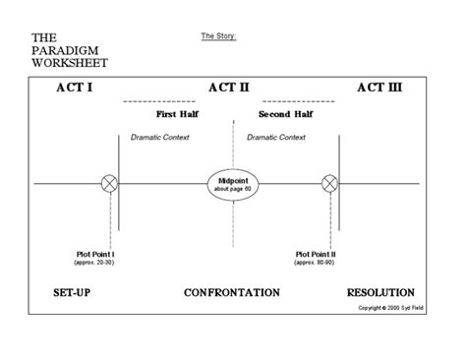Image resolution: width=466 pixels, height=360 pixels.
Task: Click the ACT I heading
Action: tap(75, 88)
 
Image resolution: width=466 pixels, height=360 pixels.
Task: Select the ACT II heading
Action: tap(229, 88)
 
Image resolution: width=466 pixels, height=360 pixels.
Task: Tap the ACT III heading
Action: tap(379, 88)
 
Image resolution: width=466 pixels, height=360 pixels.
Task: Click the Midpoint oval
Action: tap(232, 184)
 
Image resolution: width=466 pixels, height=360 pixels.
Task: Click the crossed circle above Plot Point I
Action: tap(110, 183)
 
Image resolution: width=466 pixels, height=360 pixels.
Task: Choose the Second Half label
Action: tap(285, 114)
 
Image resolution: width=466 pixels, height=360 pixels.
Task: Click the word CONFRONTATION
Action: tap(231, 293)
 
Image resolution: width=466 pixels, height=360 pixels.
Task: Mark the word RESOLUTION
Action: tap(380, 293)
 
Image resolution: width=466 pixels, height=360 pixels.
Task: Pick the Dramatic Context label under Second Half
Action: tap(276, 138)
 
